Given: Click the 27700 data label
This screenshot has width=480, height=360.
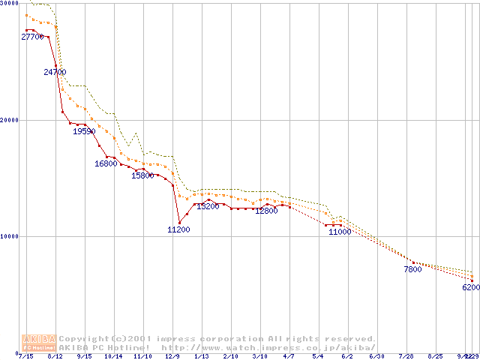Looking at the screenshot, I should [33, 37].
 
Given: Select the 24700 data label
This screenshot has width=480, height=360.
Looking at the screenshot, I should [55, 72].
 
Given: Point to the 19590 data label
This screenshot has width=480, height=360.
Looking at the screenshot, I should [84, 131].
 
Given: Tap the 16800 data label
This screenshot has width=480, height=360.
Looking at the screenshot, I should [106, 163].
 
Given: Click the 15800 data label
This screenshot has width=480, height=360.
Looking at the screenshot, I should [142, 175].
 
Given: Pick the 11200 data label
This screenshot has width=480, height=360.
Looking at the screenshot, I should [178, 229].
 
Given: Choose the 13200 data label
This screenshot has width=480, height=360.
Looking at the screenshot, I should [208, 206].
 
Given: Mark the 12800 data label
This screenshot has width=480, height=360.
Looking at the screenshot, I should [266, 211].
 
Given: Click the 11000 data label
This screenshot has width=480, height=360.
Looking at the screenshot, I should [340, 232].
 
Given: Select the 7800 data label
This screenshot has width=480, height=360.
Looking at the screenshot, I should [412, 268].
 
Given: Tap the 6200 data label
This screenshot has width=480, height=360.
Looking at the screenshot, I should [470, 287].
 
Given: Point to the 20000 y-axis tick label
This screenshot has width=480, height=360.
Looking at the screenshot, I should [9, 120].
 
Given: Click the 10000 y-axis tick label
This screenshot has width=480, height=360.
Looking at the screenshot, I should [9, 236].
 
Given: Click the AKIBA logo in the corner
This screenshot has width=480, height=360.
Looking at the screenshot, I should [39, 343].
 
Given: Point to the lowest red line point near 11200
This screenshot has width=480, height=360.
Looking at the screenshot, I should [178, 221].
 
